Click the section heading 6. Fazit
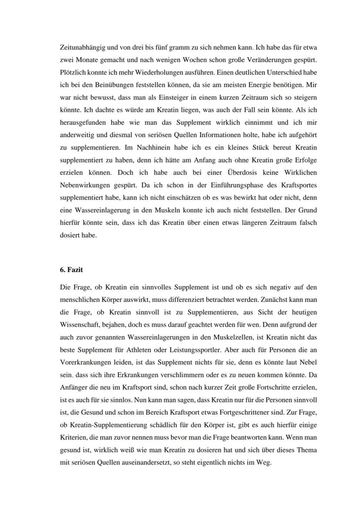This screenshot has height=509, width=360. [71, 269]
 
